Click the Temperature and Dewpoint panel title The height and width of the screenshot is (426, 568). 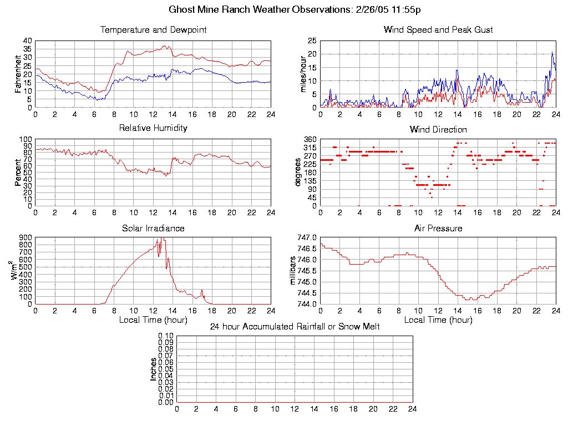click(x=153, y=30)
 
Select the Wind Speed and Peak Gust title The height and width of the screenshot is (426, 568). click(x=438, y=30)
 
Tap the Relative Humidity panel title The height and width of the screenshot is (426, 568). click(x=153, y=128)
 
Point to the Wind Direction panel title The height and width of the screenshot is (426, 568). click(x=438, y=130)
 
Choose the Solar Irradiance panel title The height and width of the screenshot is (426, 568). click(x=153, y=228)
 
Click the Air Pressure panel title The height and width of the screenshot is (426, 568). click(x=438, y=228)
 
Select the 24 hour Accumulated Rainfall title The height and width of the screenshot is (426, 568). click(x=295, y=327)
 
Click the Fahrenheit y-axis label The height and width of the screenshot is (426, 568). click(x=18, y=74)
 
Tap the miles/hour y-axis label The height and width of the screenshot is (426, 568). click(x=303, y=74)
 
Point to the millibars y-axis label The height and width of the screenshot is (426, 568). click(x=295, y=271)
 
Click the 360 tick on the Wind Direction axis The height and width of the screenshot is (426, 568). click(x=310, y=139)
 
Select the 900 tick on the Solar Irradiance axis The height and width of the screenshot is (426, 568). click(x=26, y=237)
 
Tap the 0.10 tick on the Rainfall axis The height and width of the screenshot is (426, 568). click(x=166, y=336)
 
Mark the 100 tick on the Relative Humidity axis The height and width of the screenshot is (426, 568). click(x=26, y=139)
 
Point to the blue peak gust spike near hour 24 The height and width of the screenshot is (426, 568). click(x=552, y=53)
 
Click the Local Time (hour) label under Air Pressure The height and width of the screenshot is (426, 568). click(x=438, y=319)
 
